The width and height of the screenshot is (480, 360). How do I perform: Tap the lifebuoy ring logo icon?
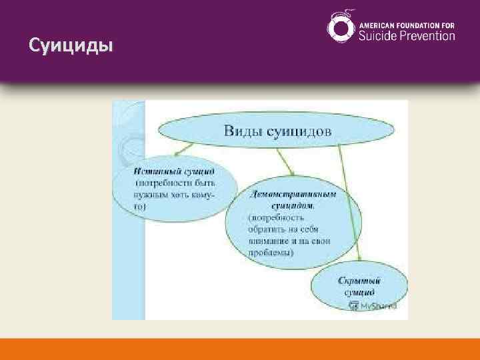(341, 28)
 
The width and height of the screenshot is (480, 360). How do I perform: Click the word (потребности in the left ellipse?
(160, 181)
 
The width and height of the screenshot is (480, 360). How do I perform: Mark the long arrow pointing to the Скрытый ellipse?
(349, 200)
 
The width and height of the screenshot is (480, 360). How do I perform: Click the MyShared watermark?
(372, 305)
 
